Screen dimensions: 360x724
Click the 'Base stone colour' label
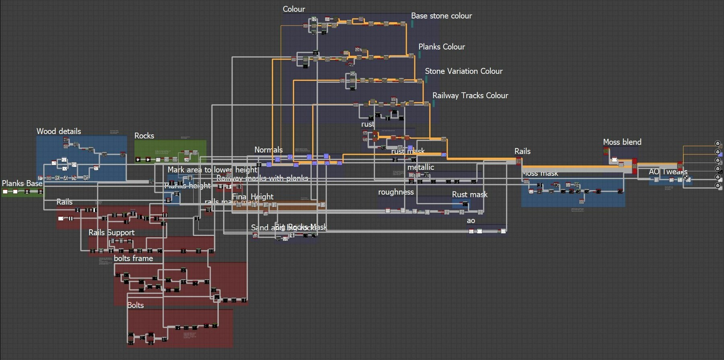pyautogui.click(x=441, y=16)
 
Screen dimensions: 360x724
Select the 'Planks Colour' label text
pyautogui.click(x=441, y=47)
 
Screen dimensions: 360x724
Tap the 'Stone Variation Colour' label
pyautogui.click(x=463, y=71)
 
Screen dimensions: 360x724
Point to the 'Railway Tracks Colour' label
pyautogui.click(x=470, y=95)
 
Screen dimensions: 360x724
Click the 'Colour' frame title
pyautogui.click(x=294, y=9)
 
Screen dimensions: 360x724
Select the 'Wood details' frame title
pyautogui.click(x=59, y=131)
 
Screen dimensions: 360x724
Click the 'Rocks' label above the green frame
pyautogui.click(x=144, y=136)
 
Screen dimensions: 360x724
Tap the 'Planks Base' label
pyautogui.click(x=22, y=183)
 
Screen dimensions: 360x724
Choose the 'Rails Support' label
pyautogui.click(x=111, y=232)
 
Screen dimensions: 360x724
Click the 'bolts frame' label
pyautogui.click(x=133, y=258)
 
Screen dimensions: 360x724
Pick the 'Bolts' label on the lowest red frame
pyautogui.click(x=136, y=305)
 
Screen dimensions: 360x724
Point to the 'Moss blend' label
pyautogui.click(x=622, y=142)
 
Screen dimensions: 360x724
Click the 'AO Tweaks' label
pyautogui.click(x=668, y=172)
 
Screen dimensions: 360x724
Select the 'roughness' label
pyautogui.click(x=396, y=192)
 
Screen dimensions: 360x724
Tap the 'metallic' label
pyautogui.click(x=420, y=167)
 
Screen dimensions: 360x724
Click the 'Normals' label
pyautogui.click(x=268, y=150)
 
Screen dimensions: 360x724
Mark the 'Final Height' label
pyautogui.click(x=253, y=197)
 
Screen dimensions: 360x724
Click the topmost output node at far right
pyautogui.click(x=717, y=143)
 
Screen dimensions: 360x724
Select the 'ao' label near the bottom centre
pyautogui.click(x=471, y=220)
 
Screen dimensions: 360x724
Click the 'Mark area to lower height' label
pyautogui.click(x=212, y=170)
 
